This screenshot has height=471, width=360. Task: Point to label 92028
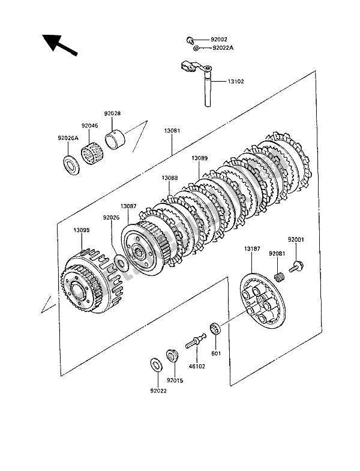[112, 113]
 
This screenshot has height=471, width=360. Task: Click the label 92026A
[68, 138]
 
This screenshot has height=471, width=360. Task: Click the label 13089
[200, 158]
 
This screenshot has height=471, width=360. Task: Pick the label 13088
[169, 178]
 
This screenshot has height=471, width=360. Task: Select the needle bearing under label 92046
[90, 149]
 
